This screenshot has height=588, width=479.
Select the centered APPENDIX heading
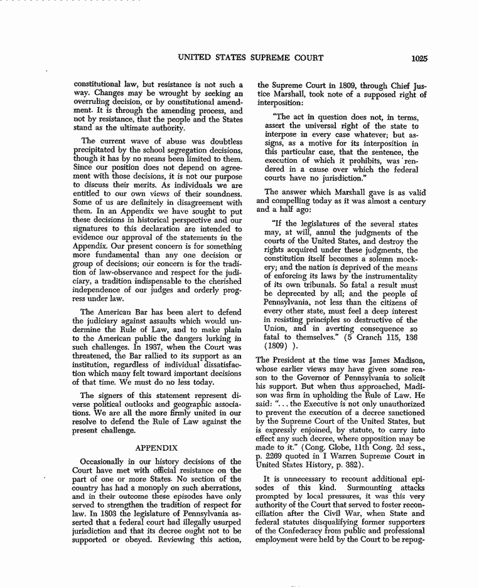pyautogui.click(x=158, y=448)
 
